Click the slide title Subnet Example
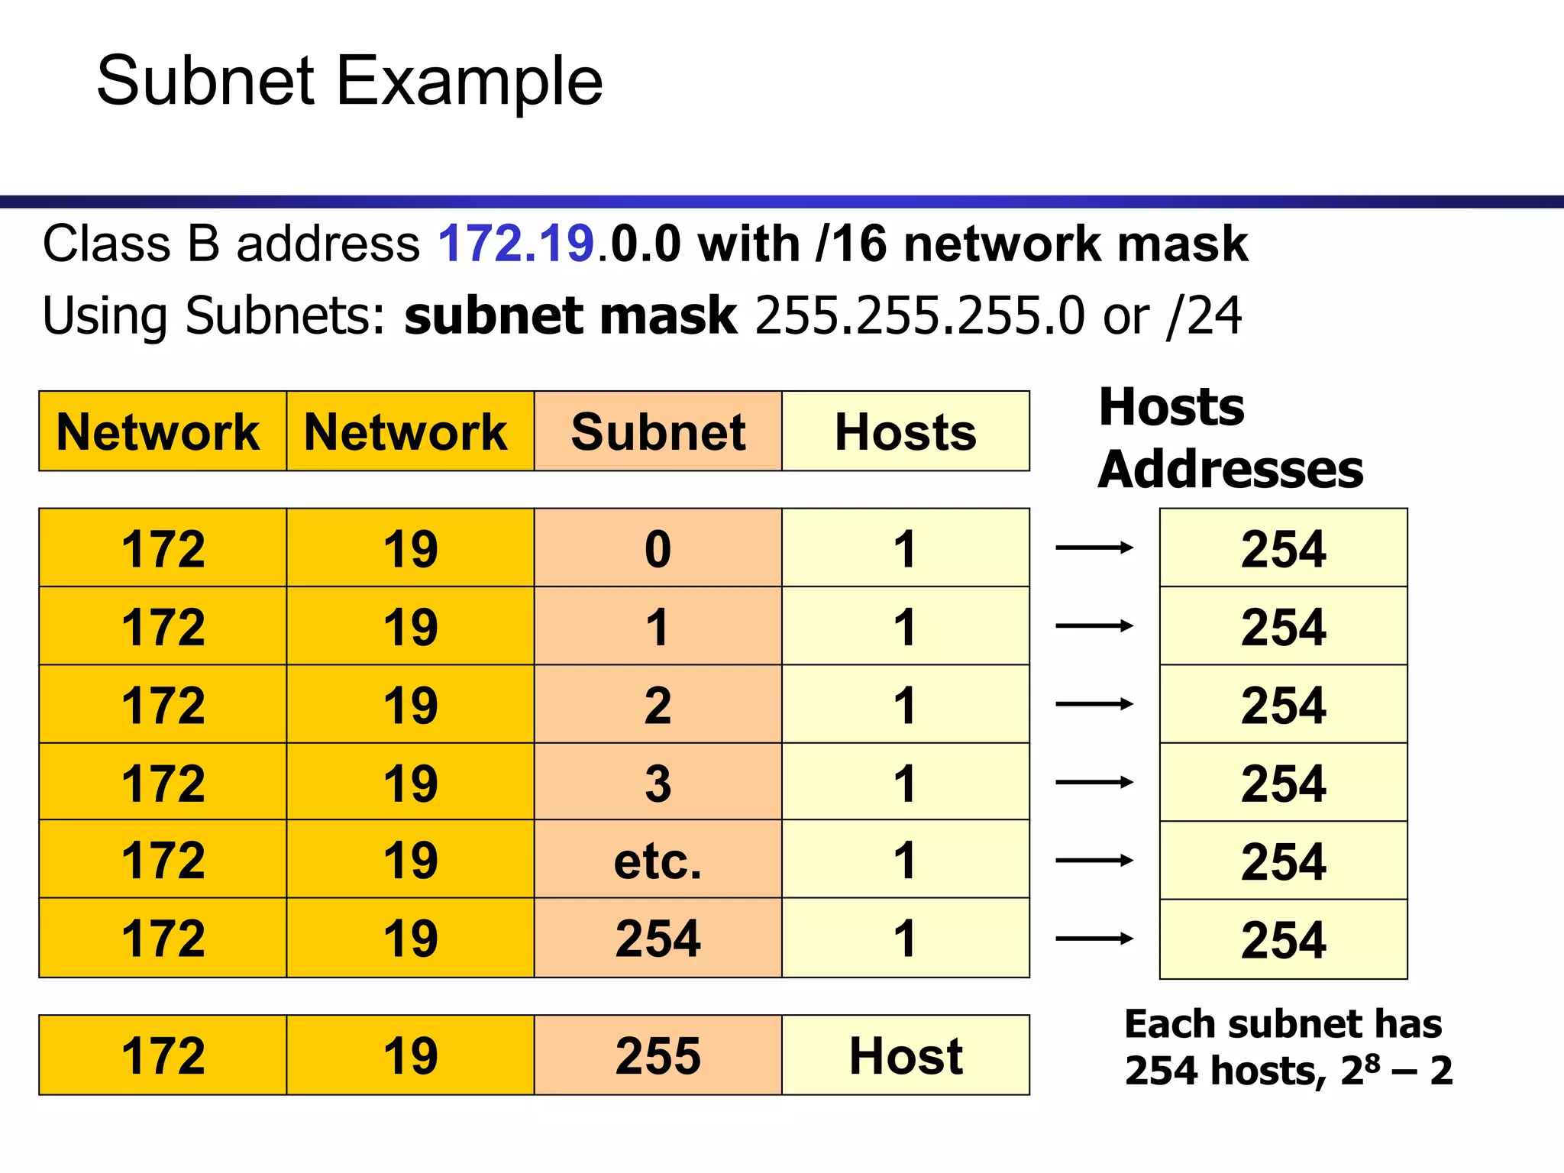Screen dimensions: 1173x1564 pyautogui.click(x=350, y=81)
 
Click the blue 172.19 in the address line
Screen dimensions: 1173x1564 pyautogui.click(x=515, y=244)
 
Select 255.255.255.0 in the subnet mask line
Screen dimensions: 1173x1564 pyautogui.click(x=919, y=315)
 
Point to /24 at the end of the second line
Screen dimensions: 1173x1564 pyautogui.click(x=1204, y=315)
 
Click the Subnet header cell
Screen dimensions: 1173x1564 pyautogui.click(x=658, y=431)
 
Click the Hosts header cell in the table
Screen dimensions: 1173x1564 pyautogui.click(x=905, y=431)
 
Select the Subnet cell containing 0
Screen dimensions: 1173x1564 pyautogui.click(x=658, y=548)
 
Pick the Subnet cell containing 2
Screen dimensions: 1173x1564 pyautogui.click(x=658, y=705)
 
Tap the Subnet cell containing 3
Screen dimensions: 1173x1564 pyautogui.click(x=658, y=783)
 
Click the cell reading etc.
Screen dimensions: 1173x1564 pyautogui.click(x=658, y=861)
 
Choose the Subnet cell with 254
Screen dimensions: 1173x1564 pyautogui.click(x=658, y=939)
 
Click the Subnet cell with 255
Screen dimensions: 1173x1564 pyautogui.click(x=658, y=1055)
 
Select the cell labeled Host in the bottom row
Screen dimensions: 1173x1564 pyautogui.click(x=905, y=1055)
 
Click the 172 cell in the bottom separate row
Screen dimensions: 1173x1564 pyautogui.click(x=163, y=1055)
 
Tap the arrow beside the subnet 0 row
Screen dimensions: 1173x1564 pyautogui.click(x=1094, y=548)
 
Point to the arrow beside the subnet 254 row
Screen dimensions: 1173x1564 pyautogui.click(x=1094, y=939)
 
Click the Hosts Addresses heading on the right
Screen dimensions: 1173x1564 pyautogui.click(x=1230, y=438)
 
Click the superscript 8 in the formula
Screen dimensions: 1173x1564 pyautogui.click(x=1372, y=1062)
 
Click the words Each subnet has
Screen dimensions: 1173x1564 pyautogui.click(x=1283, y=1024)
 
